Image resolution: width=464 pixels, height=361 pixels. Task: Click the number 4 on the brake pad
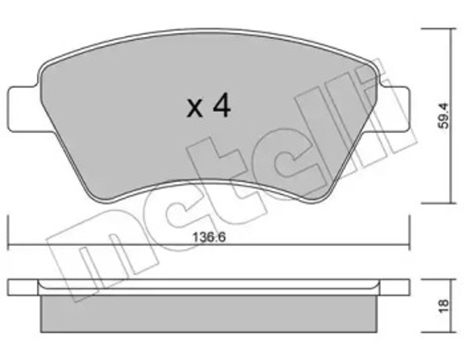point(220,107)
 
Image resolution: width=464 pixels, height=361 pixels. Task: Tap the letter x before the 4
point(195,110)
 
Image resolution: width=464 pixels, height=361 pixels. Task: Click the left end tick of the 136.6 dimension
point(8,233)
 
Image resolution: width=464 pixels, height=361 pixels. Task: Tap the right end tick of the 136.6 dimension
point(411,233)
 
